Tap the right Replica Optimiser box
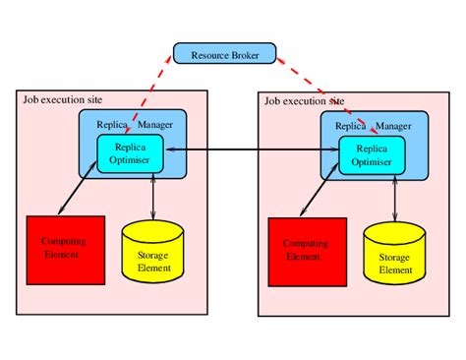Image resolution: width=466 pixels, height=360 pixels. (371, 154)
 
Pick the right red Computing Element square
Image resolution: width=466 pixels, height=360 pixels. (307, 250)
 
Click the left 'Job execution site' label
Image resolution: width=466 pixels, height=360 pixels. (61, 100)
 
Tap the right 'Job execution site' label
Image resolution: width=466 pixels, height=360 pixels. (304, 101)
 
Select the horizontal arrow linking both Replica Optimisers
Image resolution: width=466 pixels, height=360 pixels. (246, 150)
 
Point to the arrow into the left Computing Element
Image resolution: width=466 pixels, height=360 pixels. (77, 189)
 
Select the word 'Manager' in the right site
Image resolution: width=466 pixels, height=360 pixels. (393, 126)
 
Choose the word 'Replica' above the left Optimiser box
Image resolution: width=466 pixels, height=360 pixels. (112, 124)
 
